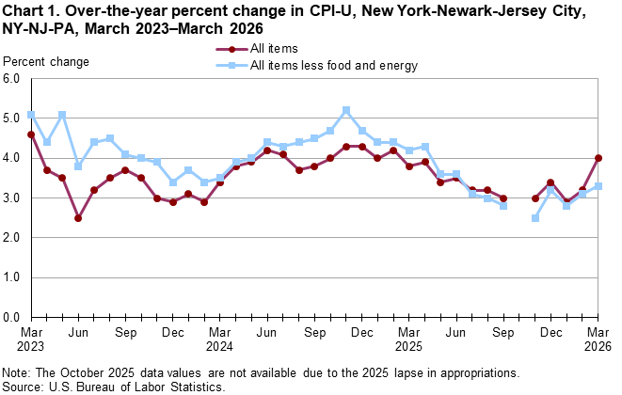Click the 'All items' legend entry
tap(277, 49)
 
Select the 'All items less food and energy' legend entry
tap(334, 65)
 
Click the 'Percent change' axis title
tap(47, 62)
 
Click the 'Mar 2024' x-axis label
tap(220, 340)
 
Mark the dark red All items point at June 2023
tap(78, 218)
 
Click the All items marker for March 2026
tap(598, 158)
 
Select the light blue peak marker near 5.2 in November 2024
tap(346, 110)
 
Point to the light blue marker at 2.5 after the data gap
tap(535, 218)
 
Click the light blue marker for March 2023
tap(31, 115)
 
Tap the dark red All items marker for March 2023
tap(31, 134)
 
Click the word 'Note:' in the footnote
tap(17, 371)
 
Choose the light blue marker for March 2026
tap(598, 186)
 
